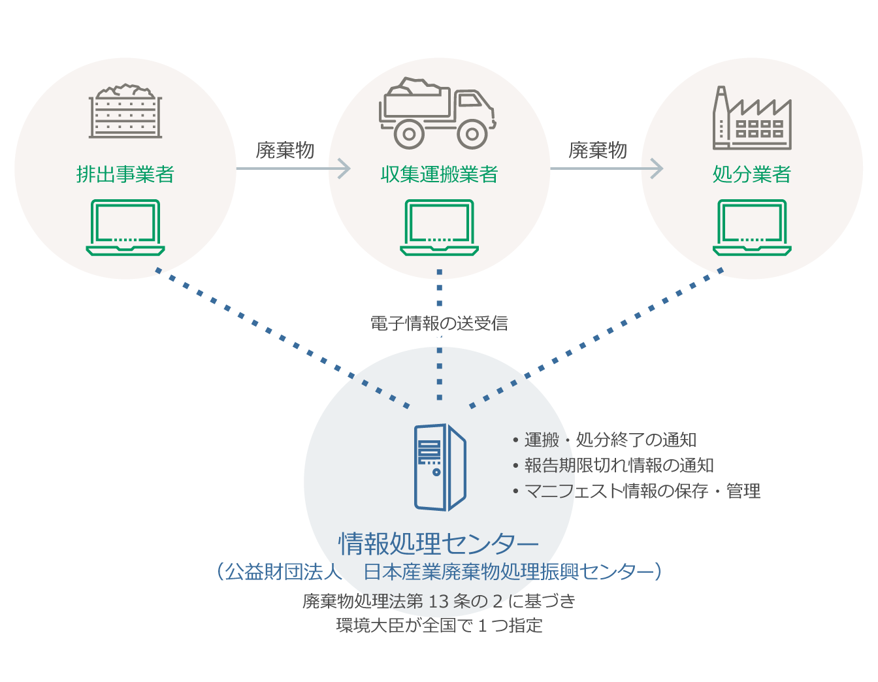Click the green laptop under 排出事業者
point(125,227)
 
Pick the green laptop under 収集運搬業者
point(439,227)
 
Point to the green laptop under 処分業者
point(752,227)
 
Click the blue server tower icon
point(440,467)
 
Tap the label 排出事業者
point(125,174)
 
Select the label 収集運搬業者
point(439,174)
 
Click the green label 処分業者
point(752,174)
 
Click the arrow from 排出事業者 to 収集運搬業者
point(293,169)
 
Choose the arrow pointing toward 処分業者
point(606,169)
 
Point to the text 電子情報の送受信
point(439,323)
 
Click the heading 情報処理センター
point(439,544)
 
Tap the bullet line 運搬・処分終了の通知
point(610,440)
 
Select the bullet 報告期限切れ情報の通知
point(619,465)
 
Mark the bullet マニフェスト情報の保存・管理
point(642,491)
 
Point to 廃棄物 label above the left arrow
point(285,150)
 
